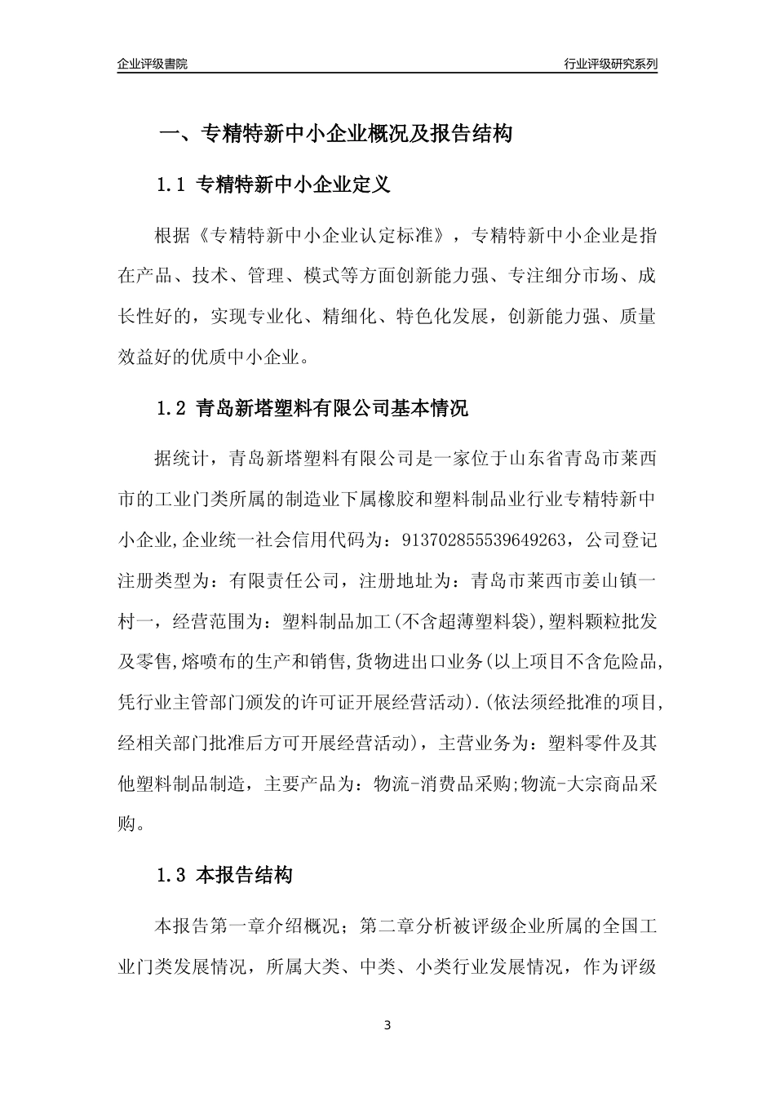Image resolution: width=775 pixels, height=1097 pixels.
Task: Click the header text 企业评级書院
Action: point(153,64)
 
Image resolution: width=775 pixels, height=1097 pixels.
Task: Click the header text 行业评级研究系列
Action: point(610,64)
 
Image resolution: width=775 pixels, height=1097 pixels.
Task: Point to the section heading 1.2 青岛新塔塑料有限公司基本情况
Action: point(312,408)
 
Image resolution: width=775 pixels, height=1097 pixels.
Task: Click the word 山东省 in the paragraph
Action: point(536,458)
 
